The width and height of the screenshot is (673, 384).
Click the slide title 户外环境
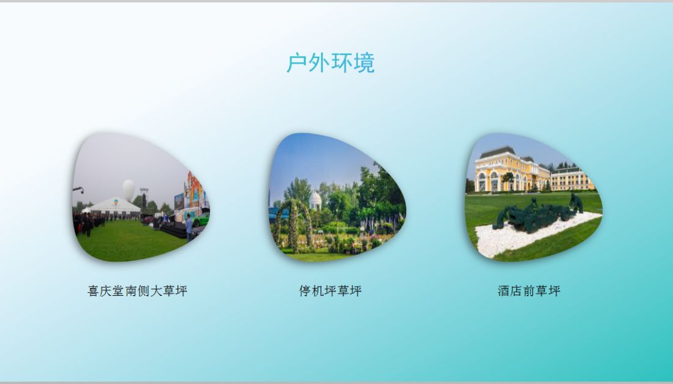(x=330, y=62)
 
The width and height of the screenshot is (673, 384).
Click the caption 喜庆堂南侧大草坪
(x=137, y=291)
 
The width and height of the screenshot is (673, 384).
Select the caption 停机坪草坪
(x=330, y=291)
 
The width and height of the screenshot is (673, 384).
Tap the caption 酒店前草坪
(x=529, y=291)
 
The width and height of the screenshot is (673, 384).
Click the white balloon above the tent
(x=128, y=189)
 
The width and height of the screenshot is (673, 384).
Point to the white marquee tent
(x=115, y=206)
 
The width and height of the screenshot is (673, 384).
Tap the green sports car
(x=201, y=219)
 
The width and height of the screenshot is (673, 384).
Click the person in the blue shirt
(x=189, y=227)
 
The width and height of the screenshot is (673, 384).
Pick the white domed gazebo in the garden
(x=315, y=200)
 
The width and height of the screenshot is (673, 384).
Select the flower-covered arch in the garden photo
(x=294, y=224)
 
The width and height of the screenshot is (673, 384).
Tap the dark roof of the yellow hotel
(x=498, y=152)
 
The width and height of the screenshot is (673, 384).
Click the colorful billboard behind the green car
(x=195, y=190)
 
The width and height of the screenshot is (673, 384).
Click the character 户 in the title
(x=297, y=62)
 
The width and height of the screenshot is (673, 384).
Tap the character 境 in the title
(x=365, y=62)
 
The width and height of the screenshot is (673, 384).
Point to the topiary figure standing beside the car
(x=576, y=203)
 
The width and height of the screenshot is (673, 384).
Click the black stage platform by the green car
(x=174, y=231)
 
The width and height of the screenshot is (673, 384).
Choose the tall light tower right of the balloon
(x=144, y=200)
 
